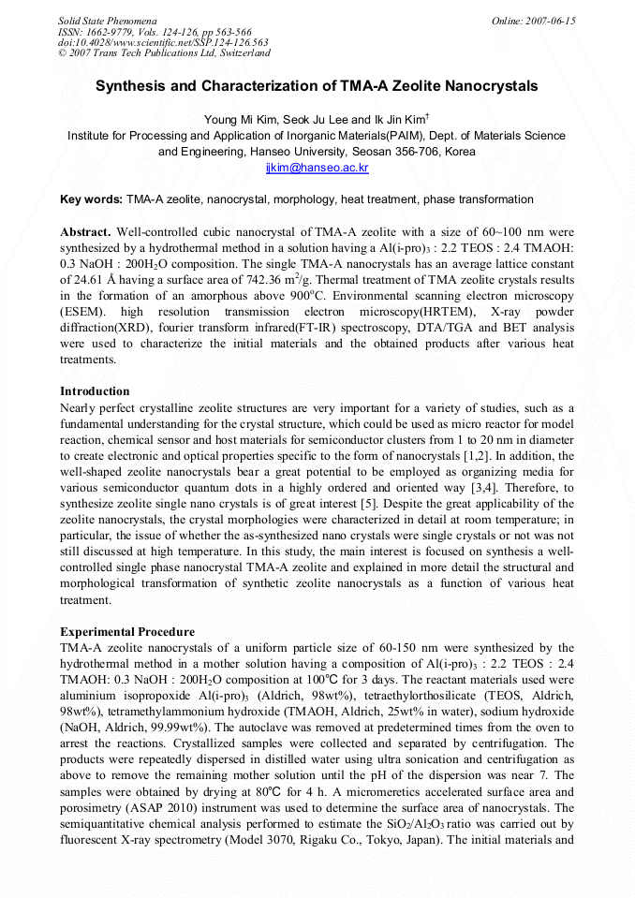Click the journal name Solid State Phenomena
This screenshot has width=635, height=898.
tap(108, 21)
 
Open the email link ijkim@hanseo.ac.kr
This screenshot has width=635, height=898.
tap(317, 168)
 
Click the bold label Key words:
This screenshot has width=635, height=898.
tap(91, 199)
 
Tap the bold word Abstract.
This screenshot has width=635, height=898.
tap(86, 231)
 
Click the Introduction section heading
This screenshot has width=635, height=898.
tap(95, 391)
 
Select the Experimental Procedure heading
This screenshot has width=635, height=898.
tap(127, 632)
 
